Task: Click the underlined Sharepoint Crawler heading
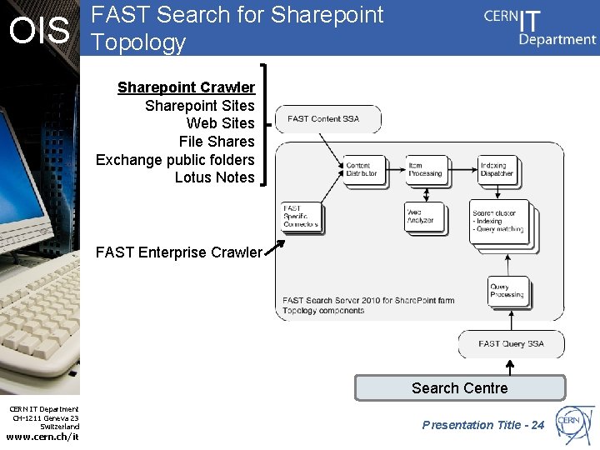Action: [186, 87]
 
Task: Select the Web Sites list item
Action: [220, 123]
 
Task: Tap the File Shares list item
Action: [217, 142]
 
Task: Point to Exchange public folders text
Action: [175, 159]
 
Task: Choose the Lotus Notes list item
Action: [214, 177]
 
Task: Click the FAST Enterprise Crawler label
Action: [178, 252]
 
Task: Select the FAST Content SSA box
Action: [327, 119]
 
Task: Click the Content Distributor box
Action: [363, 170]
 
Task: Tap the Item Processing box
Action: [426, 170]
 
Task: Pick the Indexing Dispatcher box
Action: [497, 170]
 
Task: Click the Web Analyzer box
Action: [423, 217]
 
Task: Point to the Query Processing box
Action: [507, 291]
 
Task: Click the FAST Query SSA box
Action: [511, 343]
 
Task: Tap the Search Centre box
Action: [460, 387]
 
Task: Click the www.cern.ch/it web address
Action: [42, 437]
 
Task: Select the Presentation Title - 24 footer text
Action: [482, 425]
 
